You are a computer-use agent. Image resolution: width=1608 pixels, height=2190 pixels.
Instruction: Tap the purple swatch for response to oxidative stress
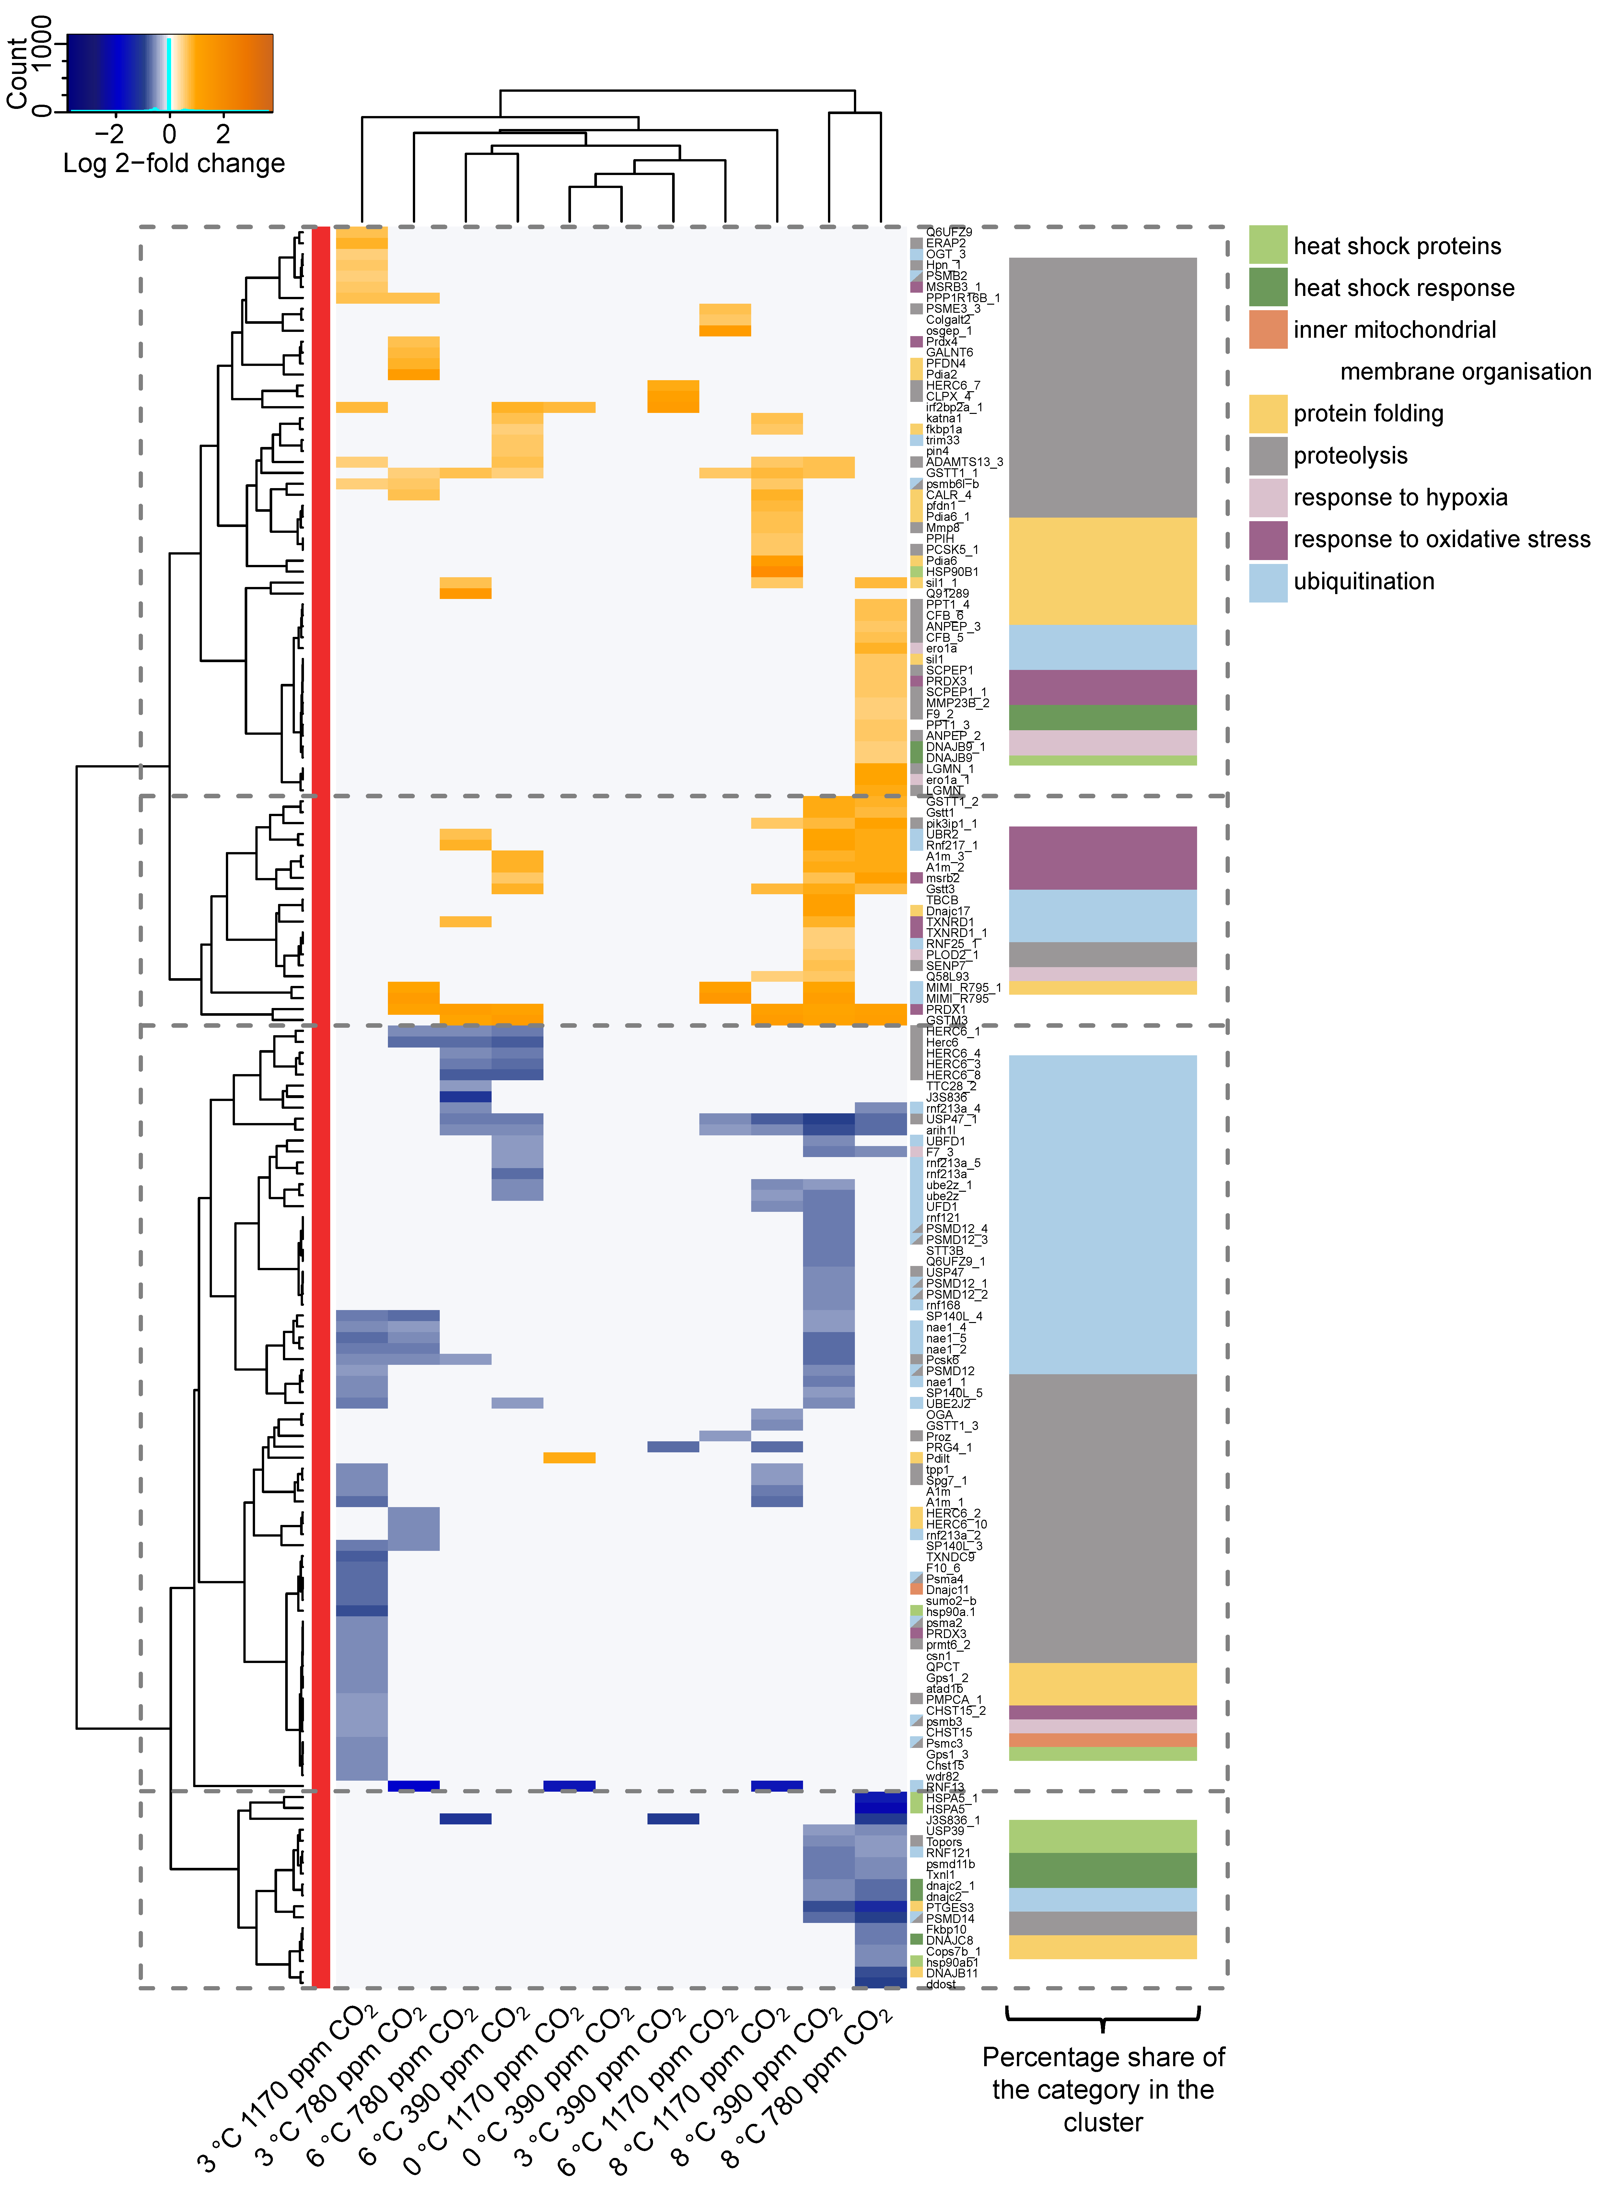(1267, 539)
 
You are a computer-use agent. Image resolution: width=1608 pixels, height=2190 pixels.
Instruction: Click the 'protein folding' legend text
(1368, 414)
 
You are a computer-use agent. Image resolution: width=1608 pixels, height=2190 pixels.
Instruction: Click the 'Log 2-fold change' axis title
(173, 164)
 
